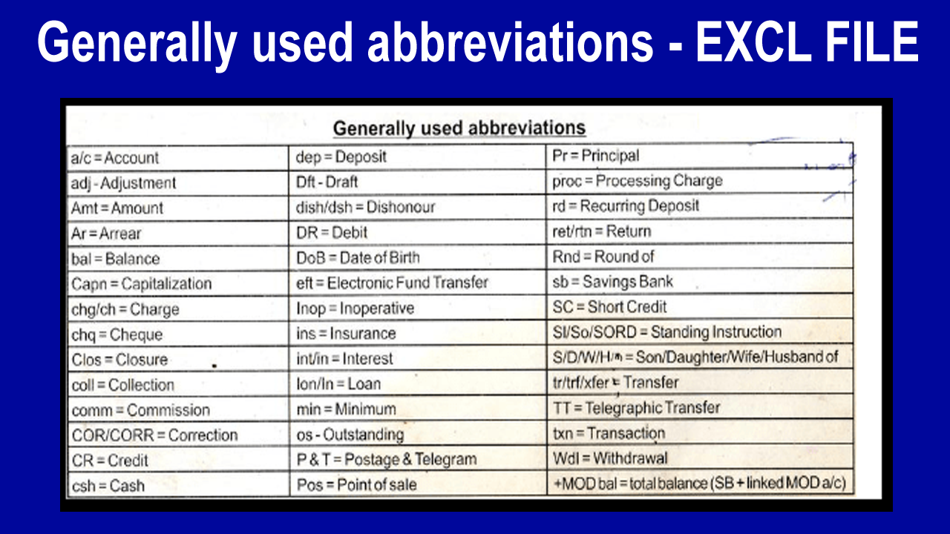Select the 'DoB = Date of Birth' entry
click(358, 257)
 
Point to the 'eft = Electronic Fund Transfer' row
click(393, 283)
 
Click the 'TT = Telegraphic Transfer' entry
click(637, 408)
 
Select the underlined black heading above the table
click(459, 128)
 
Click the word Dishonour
click(401, 207)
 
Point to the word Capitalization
click(166, 283)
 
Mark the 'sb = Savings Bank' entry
click(612, 281)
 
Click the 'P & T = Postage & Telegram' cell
click(387, 459)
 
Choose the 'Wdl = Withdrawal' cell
click(610, 458)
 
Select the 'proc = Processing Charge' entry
click(638, 181)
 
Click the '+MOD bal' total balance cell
click(700, 483)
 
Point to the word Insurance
click(363, 334)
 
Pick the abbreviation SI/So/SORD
click(594, 332)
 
